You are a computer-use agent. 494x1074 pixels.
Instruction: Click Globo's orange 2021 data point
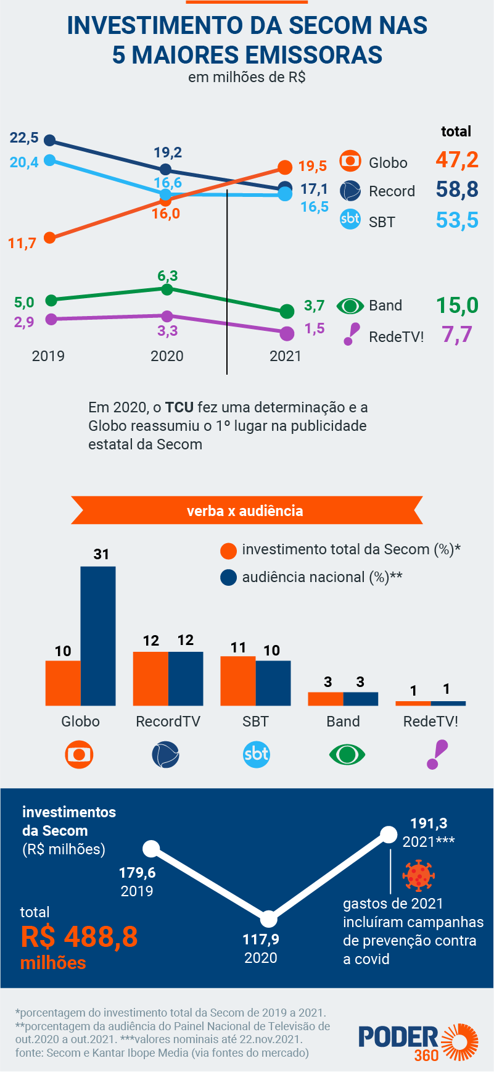point(284,167)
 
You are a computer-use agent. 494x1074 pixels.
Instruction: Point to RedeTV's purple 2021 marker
point(287,334)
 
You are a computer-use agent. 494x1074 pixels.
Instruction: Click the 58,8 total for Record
point(457,189)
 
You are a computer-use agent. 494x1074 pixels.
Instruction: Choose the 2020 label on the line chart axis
point(167,356)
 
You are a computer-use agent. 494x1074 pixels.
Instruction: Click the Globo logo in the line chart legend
point(350,162)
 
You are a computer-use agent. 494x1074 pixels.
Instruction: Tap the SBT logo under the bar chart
point(256,754)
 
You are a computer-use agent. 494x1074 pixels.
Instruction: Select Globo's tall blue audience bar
point(98,636)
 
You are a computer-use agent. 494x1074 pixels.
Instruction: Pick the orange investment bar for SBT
point(238,681)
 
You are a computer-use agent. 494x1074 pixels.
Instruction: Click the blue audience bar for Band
point(361,699)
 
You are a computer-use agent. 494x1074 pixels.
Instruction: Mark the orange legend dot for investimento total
point(229,551)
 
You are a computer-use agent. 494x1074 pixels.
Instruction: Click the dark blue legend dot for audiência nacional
point(229,578)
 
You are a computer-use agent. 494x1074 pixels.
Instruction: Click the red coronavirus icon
point(419,875)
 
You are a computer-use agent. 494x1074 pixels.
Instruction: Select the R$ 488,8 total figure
point(79,937)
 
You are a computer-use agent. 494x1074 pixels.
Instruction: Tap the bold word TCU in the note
point(179,407)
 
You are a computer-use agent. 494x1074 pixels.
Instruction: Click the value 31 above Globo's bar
point(101,554)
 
